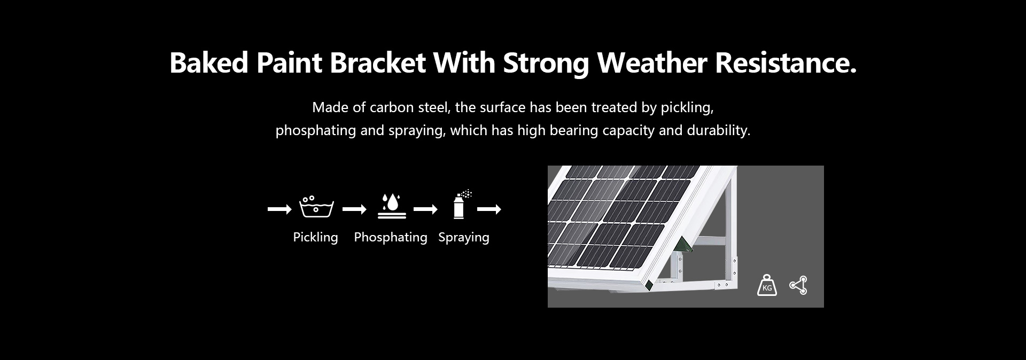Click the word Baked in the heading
209,62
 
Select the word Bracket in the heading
378,62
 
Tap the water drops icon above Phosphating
392,206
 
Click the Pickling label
315,237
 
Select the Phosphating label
391,237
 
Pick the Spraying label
464,237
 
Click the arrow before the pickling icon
279,209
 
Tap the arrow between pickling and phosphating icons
354,209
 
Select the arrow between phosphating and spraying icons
425,209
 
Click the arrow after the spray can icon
489,209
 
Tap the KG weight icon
767,285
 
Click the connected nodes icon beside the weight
798,285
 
